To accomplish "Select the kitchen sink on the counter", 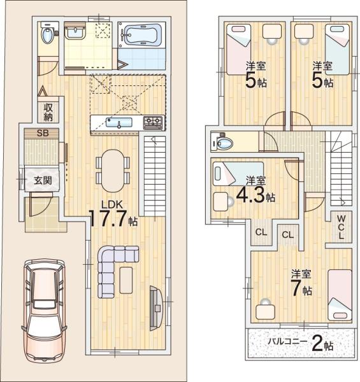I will pyautogui.click(x=119, y=122).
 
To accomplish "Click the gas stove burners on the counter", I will pyautogui.click(x=153, y=121).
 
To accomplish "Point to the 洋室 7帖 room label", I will pyautogui.click(x=302, y=283).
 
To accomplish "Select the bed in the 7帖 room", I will pyautogui.click(x=339, y=294).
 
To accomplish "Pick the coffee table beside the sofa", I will pyautogui.click(x=126, y=280).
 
